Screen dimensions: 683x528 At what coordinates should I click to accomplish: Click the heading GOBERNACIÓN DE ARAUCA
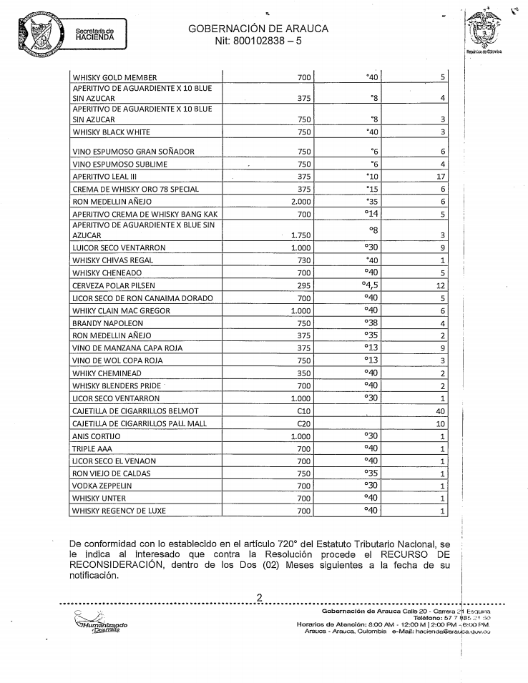(258, 29)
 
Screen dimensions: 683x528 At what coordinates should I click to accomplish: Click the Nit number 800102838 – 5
(258, 41)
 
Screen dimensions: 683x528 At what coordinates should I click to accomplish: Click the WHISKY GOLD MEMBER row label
(114, 77)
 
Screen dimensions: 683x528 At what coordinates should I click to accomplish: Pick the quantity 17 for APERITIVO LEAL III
(441, 177)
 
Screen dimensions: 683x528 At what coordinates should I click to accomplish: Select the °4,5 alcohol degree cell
(369, 285)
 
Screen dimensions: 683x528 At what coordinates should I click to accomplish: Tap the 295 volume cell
(303, 285)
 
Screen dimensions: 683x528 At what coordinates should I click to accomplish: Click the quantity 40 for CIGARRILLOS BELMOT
(441, 411)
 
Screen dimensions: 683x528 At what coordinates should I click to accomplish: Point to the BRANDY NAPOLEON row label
(107, 323)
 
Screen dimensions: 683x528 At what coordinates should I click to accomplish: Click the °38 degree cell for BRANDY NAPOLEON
(371, 323)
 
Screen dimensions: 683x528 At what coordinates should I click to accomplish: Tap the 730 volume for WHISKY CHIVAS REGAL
(303, 260)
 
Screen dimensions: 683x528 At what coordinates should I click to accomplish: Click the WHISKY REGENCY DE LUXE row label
(117, 511)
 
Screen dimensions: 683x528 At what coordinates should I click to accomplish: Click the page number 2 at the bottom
(260, 598)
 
